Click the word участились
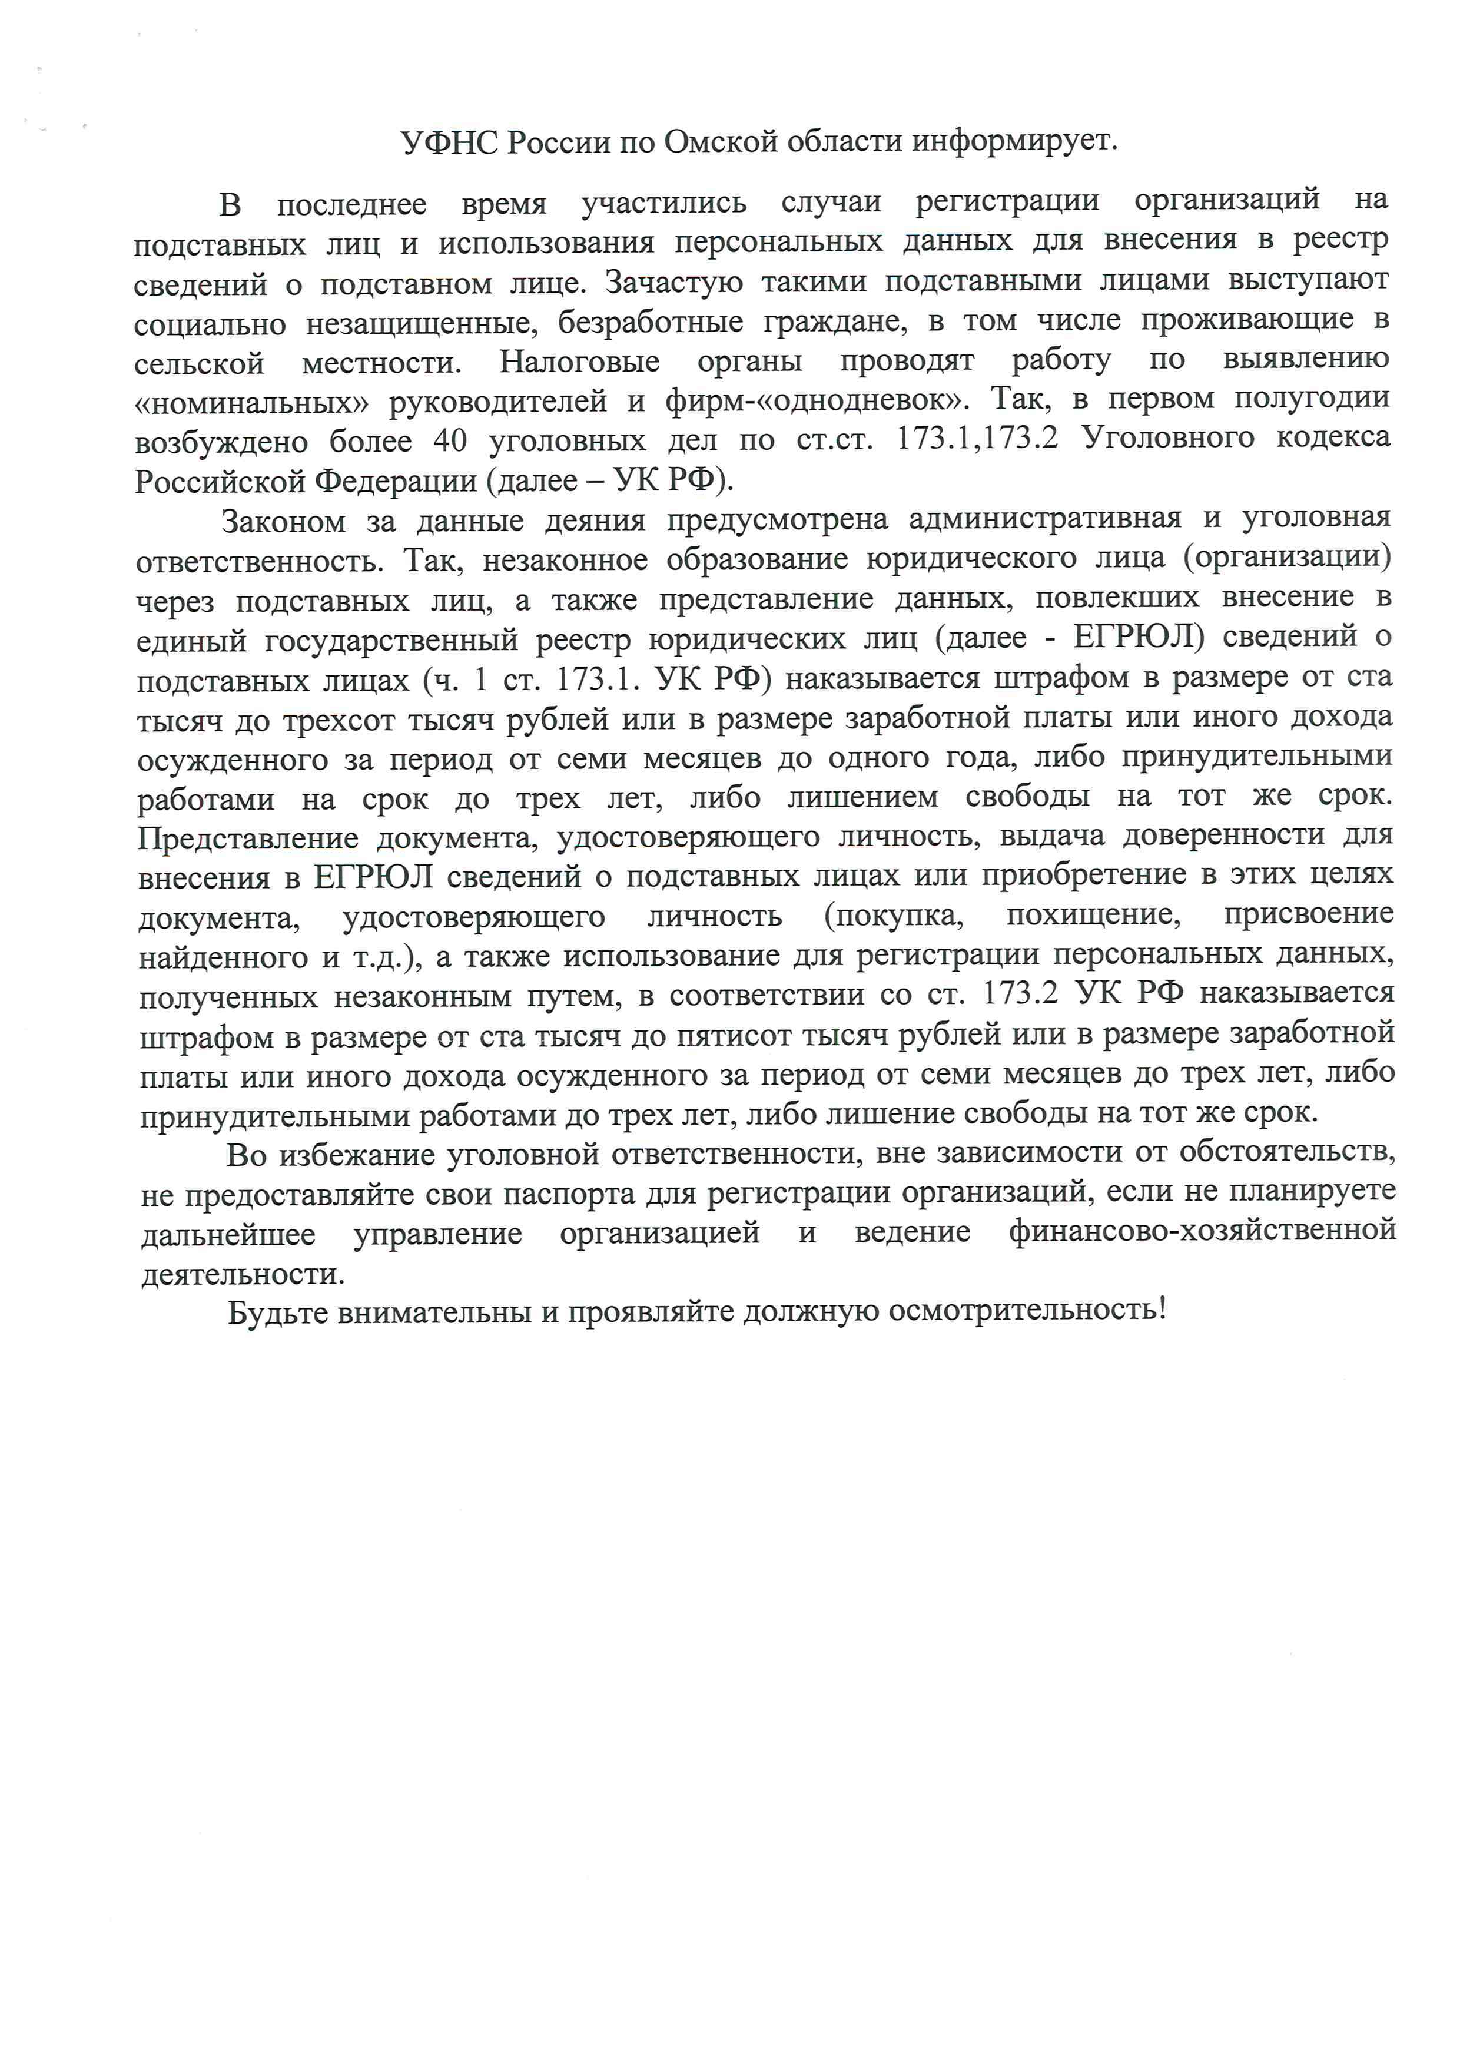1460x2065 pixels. pos(663,203)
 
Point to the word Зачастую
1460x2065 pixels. pos(673,283)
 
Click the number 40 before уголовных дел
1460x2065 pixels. pos(450,440)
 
